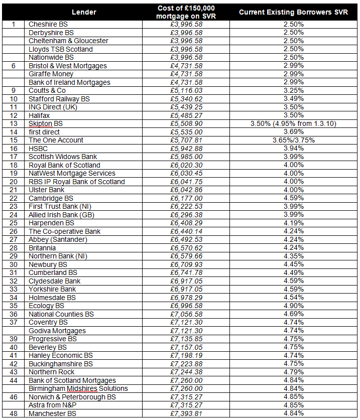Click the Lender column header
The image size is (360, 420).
(84, 12)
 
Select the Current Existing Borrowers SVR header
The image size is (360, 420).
(293, 12)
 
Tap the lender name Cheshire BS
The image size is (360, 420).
(48, 24)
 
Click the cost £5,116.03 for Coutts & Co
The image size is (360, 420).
(186, 90)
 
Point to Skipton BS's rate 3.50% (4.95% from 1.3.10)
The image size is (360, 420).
(293, 123)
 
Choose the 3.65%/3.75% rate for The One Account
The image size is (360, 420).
(293, 140)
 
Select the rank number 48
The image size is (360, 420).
(14, 413)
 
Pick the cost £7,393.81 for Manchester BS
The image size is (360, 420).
(186, 413)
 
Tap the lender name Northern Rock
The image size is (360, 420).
(52, 372)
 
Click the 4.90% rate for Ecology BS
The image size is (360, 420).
(293, 306)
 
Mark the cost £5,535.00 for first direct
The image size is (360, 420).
(186, 132)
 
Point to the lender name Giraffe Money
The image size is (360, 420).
(51, 74)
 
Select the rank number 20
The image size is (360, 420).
(14, 182)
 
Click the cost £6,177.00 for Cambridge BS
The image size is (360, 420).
(186, 198)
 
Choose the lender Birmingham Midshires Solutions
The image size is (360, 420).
(78, 388)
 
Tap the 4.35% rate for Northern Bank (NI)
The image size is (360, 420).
(293, 256)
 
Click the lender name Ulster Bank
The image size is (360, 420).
(47, 190)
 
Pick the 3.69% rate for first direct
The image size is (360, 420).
(293, 132)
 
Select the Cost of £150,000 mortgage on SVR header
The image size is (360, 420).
(186, 12)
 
